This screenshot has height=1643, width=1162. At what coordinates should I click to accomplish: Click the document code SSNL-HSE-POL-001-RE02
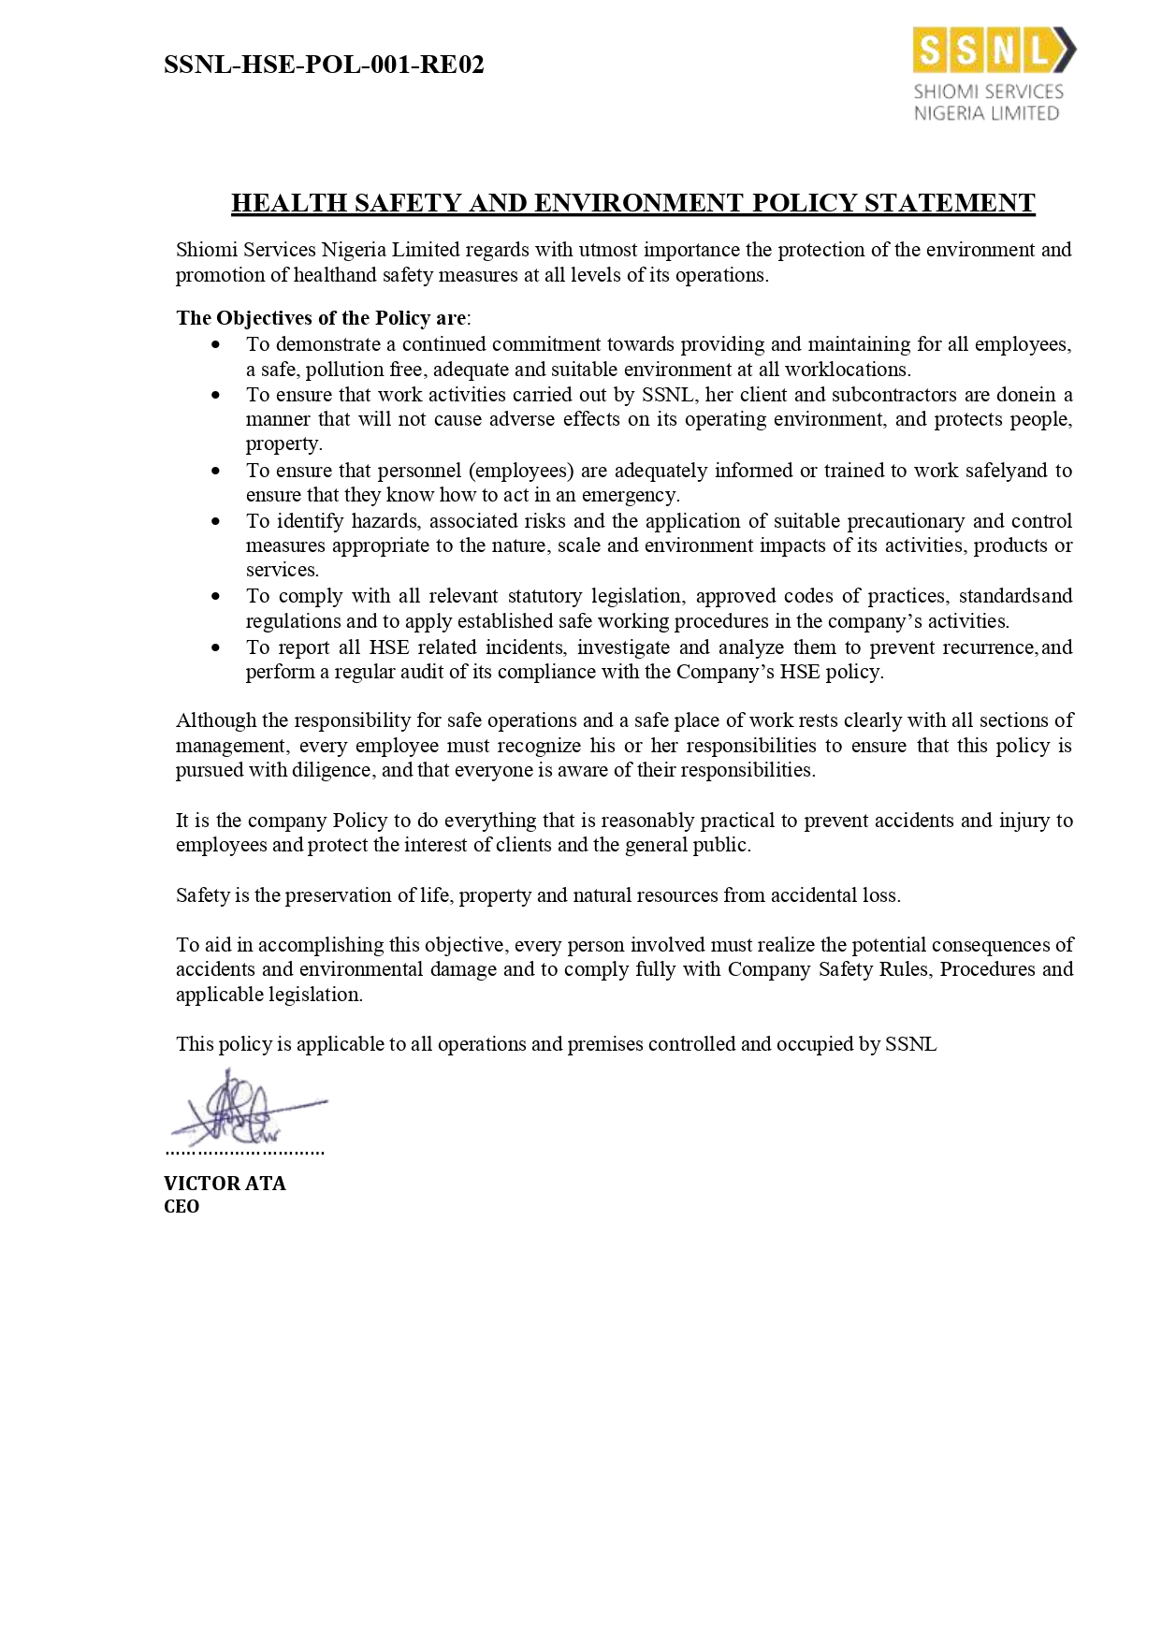coord(324,65)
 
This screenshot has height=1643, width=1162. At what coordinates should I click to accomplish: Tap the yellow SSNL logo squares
coord(983,51)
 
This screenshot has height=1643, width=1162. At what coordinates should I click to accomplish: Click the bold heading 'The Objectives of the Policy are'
coord(321,318)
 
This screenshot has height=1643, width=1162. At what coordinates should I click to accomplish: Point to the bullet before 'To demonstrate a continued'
coord(217,345)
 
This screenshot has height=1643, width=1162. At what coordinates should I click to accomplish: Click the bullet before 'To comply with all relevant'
coord(217,597)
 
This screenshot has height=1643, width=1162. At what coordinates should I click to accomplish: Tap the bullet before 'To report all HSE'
coord(217,647)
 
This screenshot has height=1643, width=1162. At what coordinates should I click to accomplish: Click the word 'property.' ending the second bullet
coord(283,444)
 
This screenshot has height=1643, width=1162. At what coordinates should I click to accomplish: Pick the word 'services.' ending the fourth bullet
coord(283,570)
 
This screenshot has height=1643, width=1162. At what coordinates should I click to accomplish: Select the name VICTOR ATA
coord(225,1184)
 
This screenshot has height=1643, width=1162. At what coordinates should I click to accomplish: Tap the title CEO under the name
coord(182,1207)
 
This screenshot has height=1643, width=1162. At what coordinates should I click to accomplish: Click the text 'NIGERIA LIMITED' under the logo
coord(986,113)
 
